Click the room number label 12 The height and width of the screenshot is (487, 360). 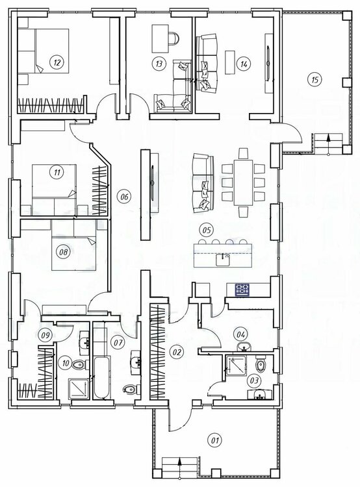point(57,62)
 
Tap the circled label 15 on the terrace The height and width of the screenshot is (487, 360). point(315,79)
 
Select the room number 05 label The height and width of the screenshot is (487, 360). point(207,230)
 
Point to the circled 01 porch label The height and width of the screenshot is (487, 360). point(215,440)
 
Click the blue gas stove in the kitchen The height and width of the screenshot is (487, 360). point(242,290)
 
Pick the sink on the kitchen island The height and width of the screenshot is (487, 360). point(223,259)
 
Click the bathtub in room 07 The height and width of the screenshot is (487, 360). point(101,378)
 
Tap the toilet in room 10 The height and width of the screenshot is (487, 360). point(78,364)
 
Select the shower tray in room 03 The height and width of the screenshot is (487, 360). point(236,365)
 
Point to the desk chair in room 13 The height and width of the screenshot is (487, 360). point(174,38)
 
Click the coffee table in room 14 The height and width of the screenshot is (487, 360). point(230,62)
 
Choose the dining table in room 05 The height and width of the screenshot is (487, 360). point(243,182)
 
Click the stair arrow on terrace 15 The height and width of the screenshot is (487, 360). point(328,144)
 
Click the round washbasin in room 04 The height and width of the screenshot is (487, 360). point(244,347)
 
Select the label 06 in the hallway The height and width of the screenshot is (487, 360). point(124,197)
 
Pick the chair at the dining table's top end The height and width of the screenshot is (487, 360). point(243,154)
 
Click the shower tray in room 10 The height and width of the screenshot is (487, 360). point(77,388)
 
